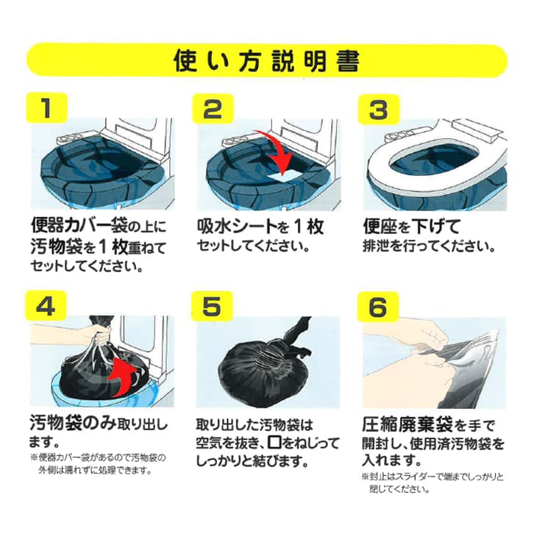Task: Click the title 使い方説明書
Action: [267, 60]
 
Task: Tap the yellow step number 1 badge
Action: [46, 109]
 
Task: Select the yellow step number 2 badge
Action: [212, 109]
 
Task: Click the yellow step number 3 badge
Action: [378, 109]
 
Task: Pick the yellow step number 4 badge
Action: [46, 306]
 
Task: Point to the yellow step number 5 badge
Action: [212, 306]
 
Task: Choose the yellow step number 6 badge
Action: [378, 306]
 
